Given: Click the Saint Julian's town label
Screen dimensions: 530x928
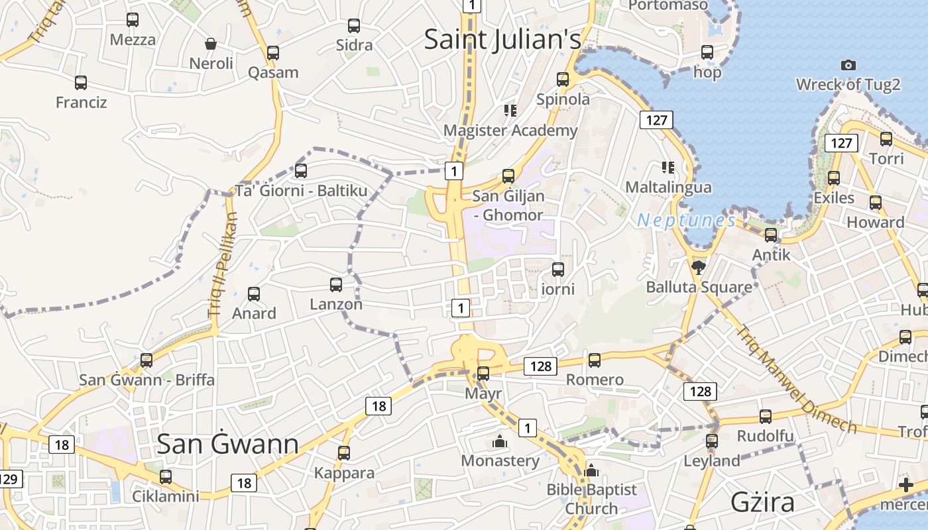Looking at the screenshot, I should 502,39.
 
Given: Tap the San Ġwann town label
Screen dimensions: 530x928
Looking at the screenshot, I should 227,444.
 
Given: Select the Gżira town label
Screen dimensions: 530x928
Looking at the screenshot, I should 762,502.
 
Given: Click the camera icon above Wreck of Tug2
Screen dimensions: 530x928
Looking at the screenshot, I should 848,65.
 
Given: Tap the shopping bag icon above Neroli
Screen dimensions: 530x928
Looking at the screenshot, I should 211,44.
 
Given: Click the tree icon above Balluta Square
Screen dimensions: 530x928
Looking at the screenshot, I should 698,267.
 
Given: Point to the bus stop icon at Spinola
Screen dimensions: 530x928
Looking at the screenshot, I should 563,79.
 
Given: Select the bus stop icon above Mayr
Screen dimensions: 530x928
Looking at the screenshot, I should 483,373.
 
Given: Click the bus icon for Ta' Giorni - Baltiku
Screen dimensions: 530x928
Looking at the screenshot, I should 301,170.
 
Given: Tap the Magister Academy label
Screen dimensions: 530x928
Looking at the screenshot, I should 510,131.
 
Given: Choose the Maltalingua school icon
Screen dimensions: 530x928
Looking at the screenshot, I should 667,167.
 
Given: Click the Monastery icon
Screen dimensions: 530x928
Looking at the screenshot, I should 500,441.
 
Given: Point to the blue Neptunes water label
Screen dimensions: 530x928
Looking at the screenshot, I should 686,221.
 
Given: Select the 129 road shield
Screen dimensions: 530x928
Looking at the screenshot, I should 9,478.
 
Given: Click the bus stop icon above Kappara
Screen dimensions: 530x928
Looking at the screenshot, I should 344,453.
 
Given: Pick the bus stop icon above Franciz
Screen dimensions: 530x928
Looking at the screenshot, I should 81,83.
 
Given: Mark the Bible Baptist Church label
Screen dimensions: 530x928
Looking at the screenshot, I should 591,499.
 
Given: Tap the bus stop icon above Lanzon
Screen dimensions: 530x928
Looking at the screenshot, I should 336,285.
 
